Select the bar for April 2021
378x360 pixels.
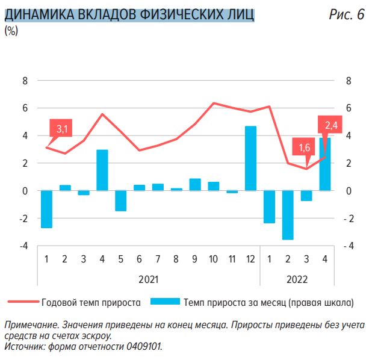[102, 170]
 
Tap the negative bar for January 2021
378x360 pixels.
[46, 209]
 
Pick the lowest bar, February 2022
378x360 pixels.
[288, 215]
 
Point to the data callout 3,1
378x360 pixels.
[62, 129]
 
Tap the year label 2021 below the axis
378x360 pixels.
[148, 279]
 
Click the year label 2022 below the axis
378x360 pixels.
[297, 279]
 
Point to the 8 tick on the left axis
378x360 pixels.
[25, 81]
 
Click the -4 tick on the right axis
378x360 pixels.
[349, 246]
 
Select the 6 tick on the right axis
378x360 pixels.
[349, 108]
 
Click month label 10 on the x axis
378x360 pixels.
[214, 259]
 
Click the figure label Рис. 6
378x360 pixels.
[347, 15]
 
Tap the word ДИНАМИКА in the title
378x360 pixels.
[40, 15]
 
